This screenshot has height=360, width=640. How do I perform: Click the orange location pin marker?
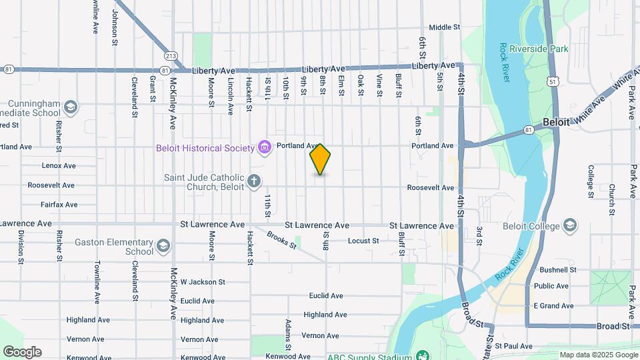click(320, 159)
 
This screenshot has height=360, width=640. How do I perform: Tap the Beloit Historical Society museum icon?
click(265, 147)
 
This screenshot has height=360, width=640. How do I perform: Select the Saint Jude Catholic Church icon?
click(253, 181)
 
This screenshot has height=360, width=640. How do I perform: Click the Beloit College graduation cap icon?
click(570, 225)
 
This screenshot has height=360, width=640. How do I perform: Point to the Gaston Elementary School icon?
click(163, 247)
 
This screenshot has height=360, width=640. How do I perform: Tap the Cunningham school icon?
click(71, 107)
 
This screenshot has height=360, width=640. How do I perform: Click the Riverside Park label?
click(539, 49)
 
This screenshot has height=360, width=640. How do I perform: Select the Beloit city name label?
click(556, 123)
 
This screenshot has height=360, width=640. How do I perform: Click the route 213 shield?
click(171, 56)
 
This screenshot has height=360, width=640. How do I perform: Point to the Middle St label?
click(445, 27)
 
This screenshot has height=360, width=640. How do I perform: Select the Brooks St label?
click(282, 240)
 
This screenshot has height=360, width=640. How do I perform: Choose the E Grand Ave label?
click(553, 306)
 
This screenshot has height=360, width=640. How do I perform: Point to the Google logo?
click(22, 351)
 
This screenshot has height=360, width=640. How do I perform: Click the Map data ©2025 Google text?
click(597, 355)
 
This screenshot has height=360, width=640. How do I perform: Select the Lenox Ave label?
click(59, 165)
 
